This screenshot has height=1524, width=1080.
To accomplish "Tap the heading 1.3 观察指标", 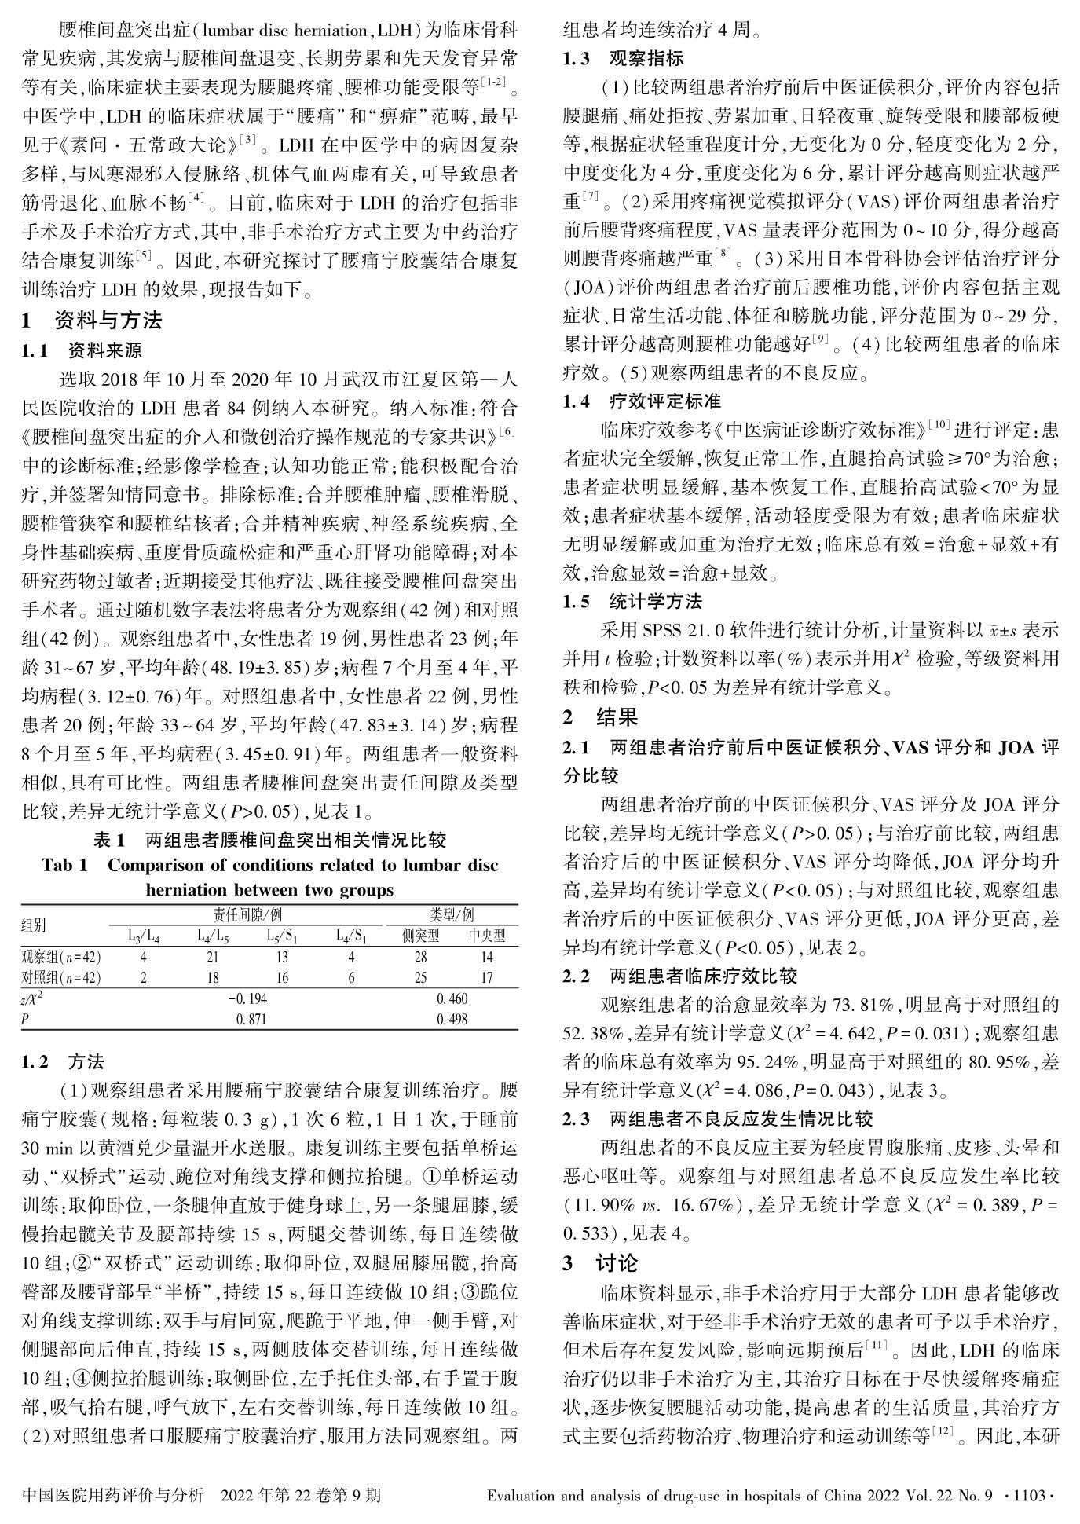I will point(624,58).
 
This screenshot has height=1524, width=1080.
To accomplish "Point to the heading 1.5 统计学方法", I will point(633,603).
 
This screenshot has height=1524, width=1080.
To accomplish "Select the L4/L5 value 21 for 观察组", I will point(213,958).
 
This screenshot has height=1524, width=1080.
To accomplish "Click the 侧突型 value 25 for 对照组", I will point(421,978).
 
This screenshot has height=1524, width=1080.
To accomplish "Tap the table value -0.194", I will point(247,998).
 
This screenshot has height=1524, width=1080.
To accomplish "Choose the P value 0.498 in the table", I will point(452,1019).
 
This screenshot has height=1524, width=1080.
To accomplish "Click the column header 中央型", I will point(487,936).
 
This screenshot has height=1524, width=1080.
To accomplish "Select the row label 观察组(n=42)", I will point(61,958).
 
